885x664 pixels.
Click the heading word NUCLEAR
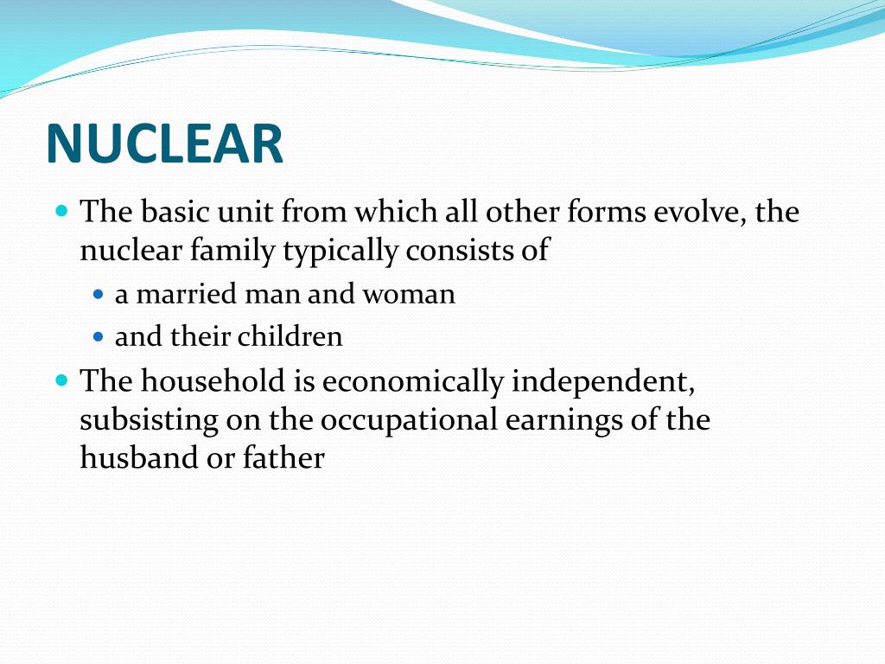pos(164,144)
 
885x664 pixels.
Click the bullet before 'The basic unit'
pos(61,211)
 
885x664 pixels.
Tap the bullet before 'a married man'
pos(98,295)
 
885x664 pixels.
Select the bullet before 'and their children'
pos(98,336)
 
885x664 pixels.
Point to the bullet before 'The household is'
pos(61,380)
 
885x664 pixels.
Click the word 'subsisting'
pos(149,420)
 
